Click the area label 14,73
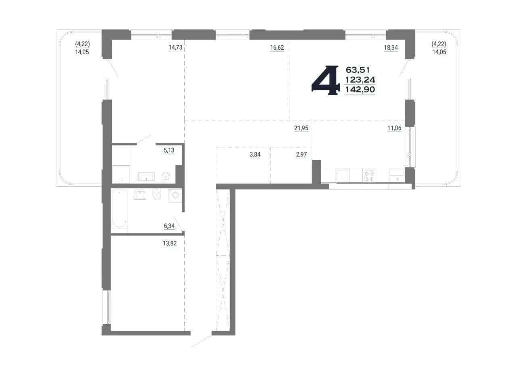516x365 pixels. click(x=175, y=48)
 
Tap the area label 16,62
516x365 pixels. click(x=277, y=48)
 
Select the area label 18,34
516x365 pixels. click(x=391, y=48)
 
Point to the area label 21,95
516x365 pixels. click(x=301, y=128)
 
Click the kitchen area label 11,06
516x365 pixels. click(x=394, y=128)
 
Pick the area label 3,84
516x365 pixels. click(x=255, y=154)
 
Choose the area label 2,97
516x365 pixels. click(x=301, y=154)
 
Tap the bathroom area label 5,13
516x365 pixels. click(x=169, y=150)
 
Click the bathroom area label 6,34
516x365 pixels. click(x=169, y=226)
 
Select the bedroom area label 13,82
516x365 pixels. click(x=170, y=243)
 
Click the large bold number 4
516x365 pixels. click(x=325, y=80)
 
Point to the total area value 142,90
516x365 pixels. click(x=360, y=90)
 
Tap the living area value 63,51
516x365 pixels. click(x=358, y=70)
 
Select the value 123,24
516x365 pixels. click(x=360, y=80)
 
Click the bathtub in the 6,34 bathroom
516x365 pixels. click(x=119, y=208)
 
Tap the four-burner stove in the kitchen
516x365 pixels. click(x=370, y=175)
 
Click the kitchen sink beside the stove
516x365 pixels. click(x=343, y=175)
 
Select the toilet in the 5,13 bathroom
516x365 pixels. click(x=166, y=177)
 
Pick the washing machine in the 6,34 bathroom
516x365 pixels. click(x=175, y=196)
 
